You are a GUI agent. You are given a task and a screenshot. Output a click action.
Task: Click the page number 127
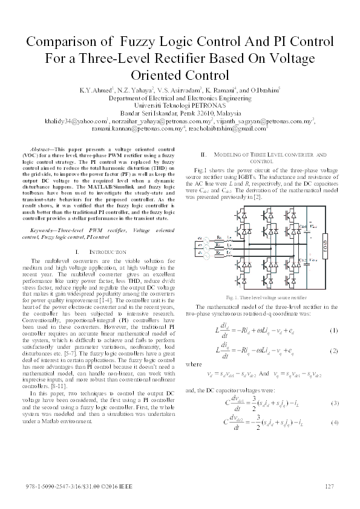330,487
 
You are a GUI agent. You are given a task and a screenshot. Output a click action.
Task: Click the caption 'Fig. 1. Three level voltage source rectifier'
260,298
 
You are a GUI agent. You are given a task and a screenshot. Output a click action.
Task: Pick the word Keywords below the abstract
47,230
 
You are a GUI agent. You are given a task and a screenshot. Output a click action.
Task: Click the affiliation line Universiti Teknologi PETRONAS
180,105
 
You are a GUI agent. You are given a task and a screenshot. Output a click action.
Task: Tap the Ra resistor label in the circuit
218,237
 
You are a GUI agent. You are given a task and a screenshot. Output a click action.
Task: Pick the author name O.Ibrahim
263,89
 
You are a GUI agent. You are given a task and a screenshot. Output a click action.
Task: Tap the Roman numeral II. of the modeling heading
204,155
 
